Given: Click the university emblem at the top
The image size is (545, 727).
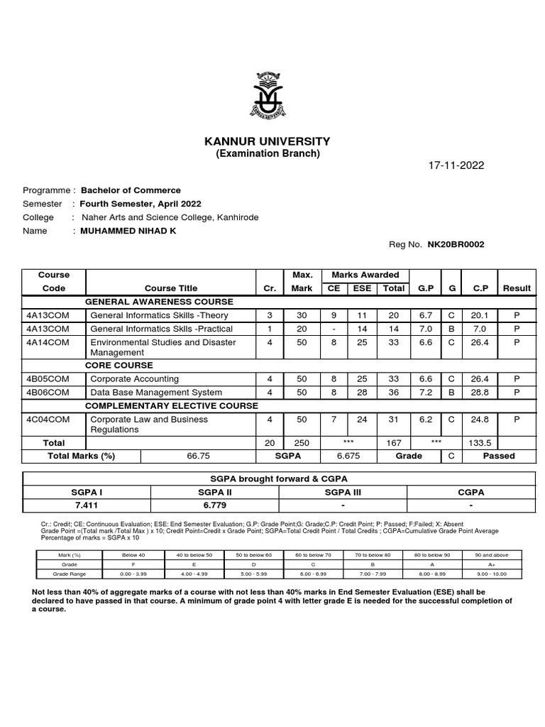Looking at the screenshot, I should tap(268, 96).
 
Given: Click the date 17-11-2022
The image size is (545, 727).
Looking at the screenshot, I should tap(456, 165).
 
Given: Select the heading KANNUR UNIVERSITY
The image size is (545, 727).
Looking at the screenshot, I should tap(268, 141).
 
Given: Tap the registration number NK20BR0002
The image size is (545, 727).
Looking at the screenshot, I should tap(456, 244).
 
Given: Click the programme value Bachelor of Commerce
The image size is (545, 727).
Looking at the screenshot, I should tap(131, 190).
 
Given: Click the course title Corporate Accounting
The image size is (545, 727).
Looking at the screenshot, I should tap(135, 378).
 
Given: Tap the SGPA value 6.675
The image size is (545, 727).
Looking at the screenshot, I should tap(348, 456).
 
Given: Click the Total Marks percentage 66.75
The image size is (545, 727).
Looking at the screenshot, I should tap(199, 456).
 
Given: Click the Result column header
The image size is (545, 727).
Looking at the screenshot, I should tap(517, 288).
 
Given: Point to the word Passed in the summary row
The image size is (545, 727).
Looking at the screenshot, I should tap(498, 456).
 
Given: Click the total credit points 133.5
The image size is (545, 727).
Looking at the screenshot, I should tap(480, 442).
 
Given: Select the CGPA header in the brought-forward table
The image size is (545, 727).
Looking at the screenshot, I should tap(471, 491).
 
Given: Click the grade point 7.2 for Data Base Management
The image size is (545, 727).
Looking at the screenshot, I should tap(425, 392).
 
